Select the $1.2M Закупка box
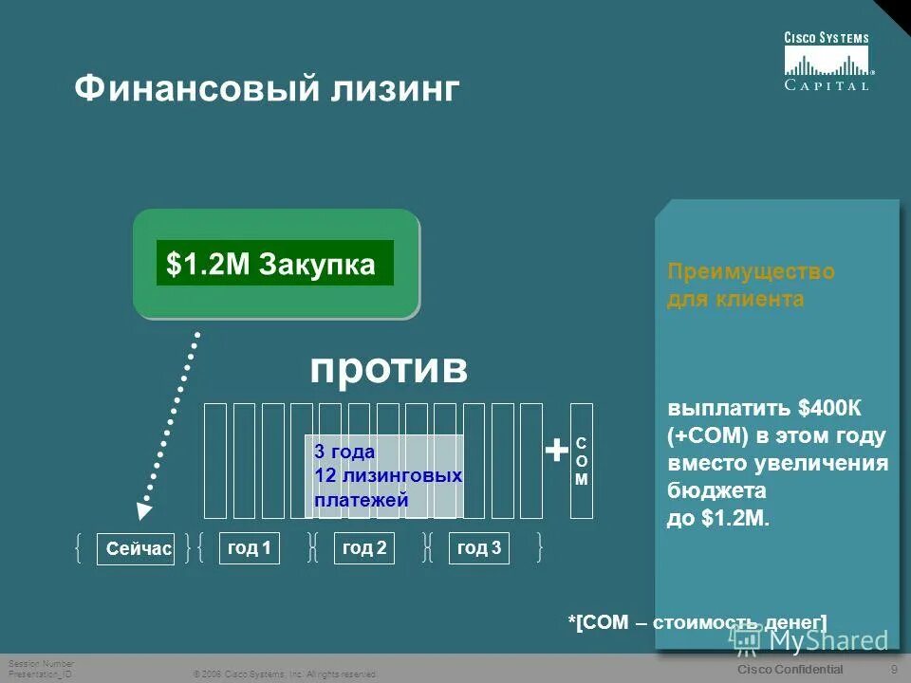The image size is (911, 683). [x=274, y=264]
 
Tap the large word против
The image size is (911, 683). [x=388, y=369]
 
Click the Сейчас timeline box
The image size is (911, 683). [x=136, y=549]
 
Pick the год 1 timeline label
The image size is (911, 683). [x=250, y=548]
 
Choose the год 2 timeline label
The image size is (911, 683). [x=364, y=548]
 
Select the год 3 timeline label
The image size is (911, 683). [x=479, y=548]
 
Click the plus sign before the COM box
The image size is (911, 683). [x=555, y=452]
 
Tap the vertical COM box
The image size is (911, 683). [x=582, y=461]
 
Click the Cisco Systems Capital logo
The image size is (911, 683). [x=827, y=62]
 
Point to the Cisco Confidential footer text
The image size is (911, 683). [x=789, y=670]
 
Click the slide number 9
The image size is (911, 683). [x=895, y=670]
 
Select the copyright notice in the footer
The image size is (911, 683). [x=285, y=674]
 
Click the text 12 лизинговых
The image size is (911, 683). [x=388, y=475]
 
